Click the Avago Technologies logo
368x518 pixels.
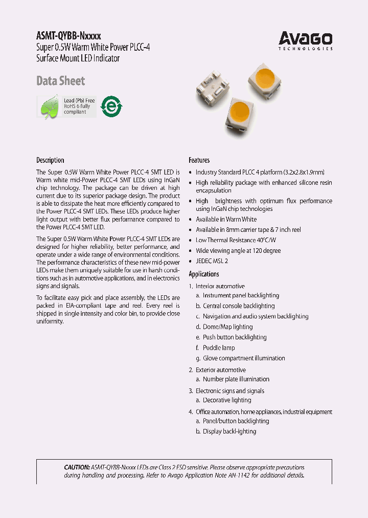[306, 40]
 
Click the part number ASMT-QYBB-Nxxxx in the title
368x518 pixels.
[68, 36]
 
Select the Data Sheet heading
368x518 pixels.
[60, 81]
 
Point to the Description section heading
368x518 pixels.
[50, 160]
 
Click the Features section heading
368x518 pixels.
[199, 160]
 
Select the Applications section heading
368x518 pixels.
[203, 274]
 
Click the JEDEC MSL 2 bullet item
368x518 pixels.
[212, 261]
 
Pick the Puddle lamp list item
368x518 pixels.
[219, 348]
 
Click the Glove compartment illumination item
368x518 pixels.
[243, 358]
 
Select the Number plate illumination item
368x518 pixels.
[236, 379]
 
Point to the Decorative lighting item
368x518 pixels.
[227, 400]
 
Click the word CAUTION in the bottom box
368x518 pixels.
[77, 467]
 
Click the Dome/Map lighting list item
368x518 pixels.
[227, 327]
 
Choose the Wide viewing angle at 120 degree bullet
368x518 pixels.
[238, 251]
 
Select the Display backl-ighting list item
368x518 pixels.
[229, 431]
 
